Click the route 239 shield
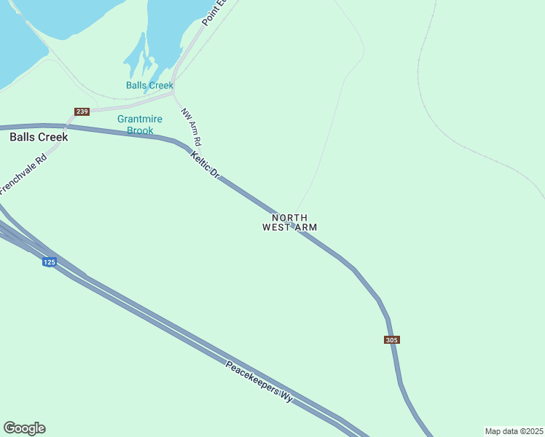[x=82, y=111]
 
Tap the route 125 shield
[x=49, y=262]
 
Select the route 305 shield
[x=392, y=340]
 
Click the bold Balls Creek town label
[x=39, y=137]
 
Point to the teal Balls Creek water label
[x=149, y=85]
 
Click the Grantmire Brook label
[x=140, y=125]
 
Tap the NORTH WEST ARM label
[x=289, y=222]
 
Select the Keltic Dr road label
[x=205, y=164]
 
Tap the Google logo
[x=24, y=428]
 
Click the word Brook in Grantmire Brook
[x=140, y=130]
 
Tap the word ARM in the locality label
[x=307, y=227]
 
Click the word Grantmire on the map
[x=140, y=119]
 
